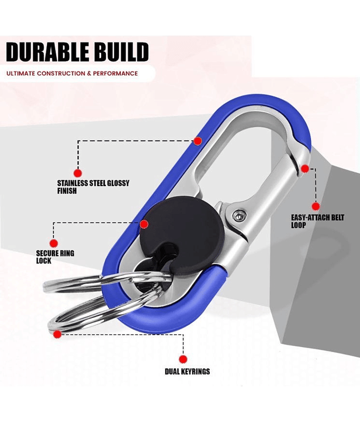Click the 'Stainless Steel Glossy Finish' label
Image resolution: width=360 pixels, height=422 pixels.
93,187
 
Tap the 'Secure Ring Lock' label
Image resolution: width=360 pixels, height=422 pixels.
55,257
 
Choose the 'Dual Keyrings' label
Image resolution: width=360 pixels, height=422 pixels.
187,371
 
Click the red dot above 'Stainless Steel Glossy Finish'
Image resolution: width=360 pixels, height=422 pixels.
77,173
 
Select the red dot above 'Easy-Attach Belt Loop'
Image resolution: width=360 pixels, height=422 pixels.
316,206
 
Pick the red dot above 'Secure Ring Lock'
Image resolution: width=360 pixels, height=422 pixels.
54,243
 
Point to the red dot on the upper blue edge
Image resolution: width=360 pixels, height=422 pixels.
198,141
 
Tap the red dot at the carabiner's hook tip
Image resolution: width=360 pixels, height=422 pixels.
305,168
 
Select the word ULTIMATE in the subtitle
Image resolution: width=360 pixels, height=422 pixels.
21,73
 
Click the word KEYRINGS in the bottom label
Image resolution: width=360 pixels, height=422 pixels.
196,371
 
